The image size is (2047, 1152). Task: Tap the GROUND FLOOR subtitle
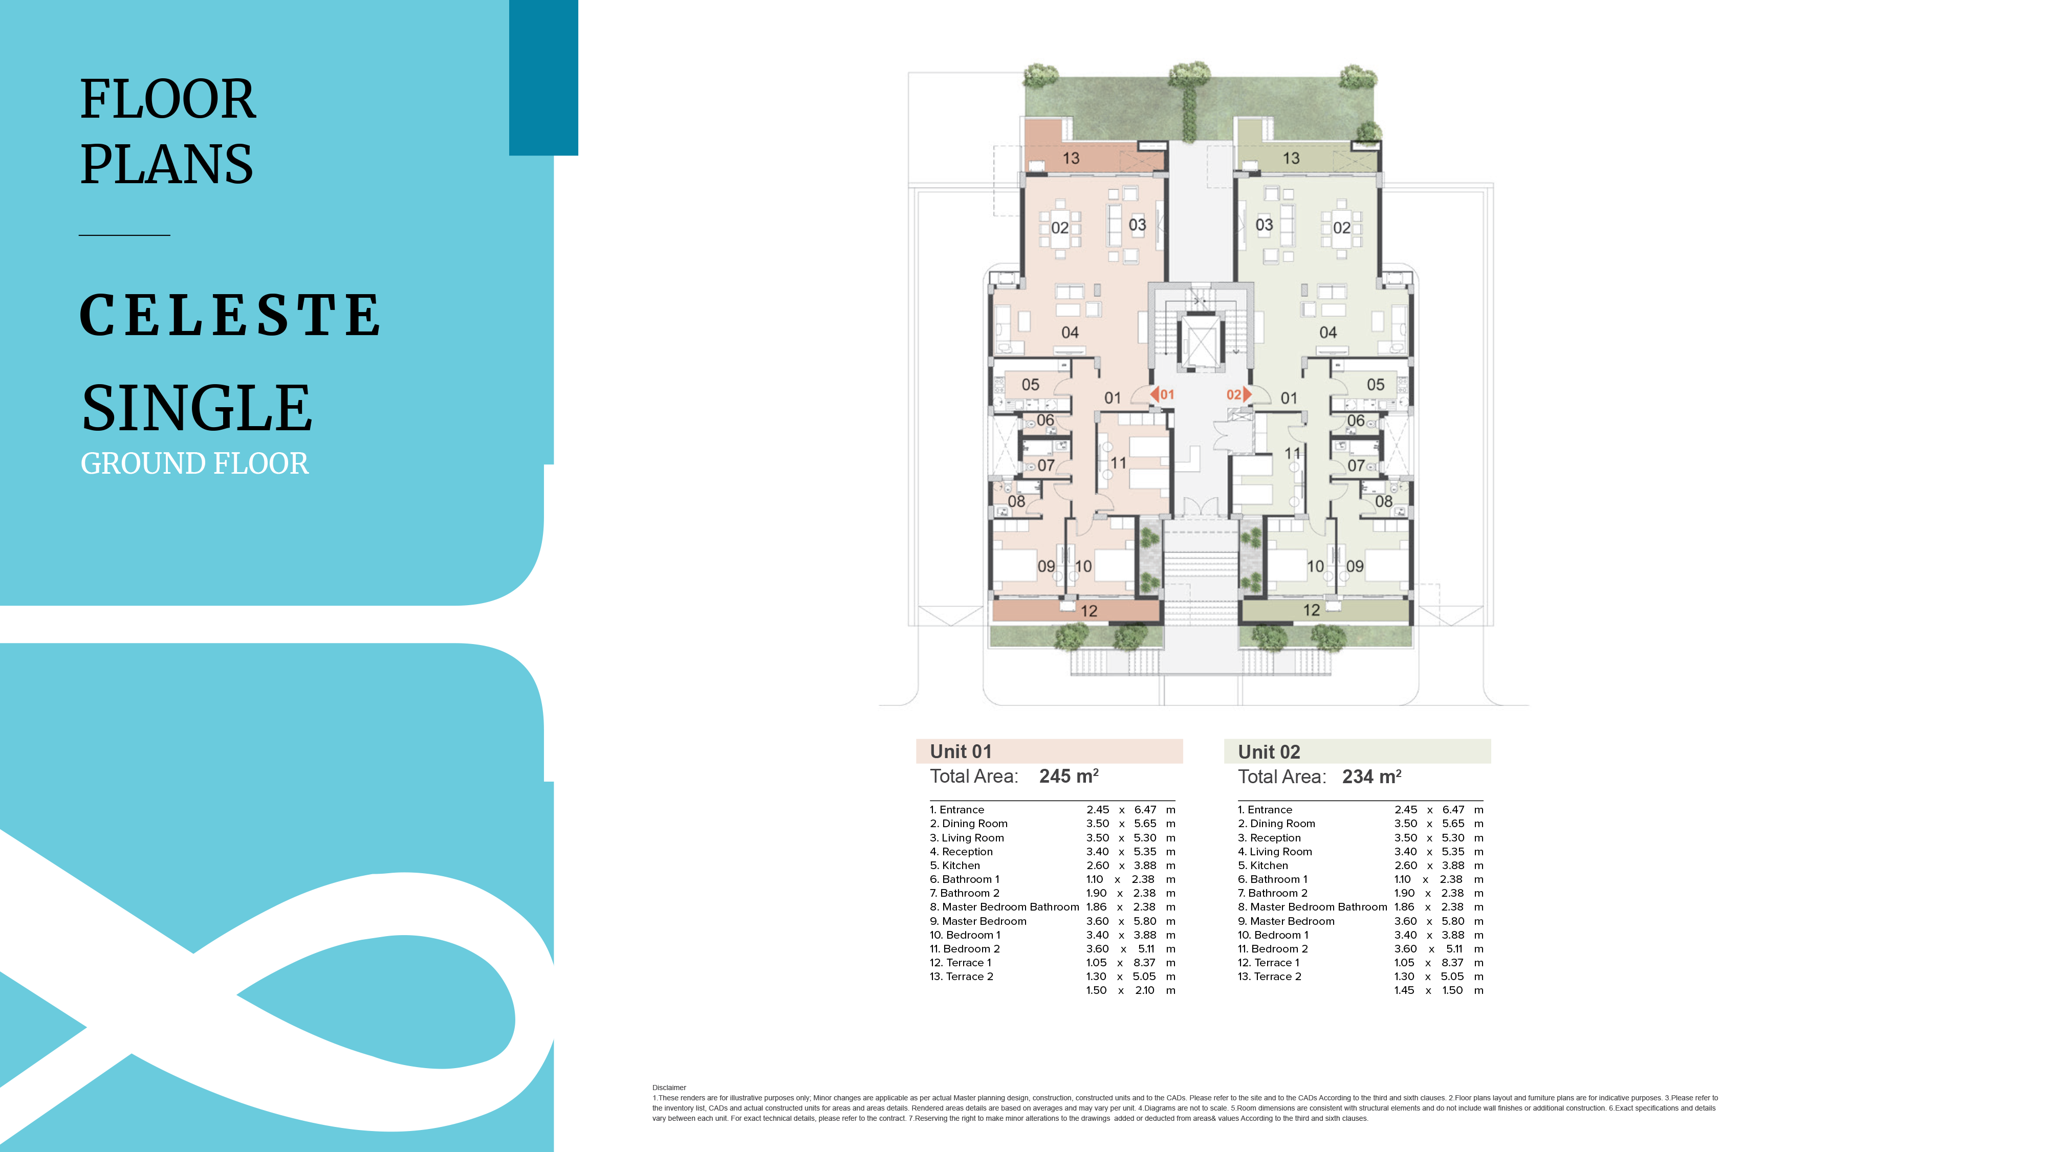(x=194, y=463)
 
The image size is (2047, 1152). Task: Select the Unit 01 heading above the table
(x=961, y=751)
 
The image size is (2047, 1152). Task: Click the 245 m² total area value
(x=1069, y=776)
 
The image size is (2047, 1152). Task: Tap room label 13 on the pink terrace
(x=1071, y=158)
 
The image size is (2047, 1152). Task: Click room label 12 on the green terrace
(x=1311, y=610)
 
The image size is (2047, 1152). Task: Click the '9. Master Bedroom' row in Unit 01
(x=978, y=921)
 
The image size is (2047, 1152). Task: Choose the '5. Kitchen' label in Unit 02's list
(x=1262, y=865)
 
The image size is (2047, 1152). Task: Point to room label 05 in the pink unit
(x=1031, y=385)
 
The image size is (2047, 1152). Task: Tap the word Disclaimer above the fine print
(x=669, y=1088)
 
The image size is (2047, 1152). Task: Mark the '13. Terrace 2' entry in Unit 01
(x=962, y=977)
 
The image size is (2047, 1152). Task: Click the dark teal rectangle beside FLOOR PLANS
(x=543, y=77)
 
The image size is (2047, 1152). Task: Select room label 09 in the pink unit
(x=1047, y=566)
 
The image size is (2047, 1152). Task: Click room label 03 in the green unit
(x=1264, y=225)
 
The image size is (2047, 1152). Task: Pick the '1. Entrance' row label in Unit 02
(x=1265, y=810)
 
